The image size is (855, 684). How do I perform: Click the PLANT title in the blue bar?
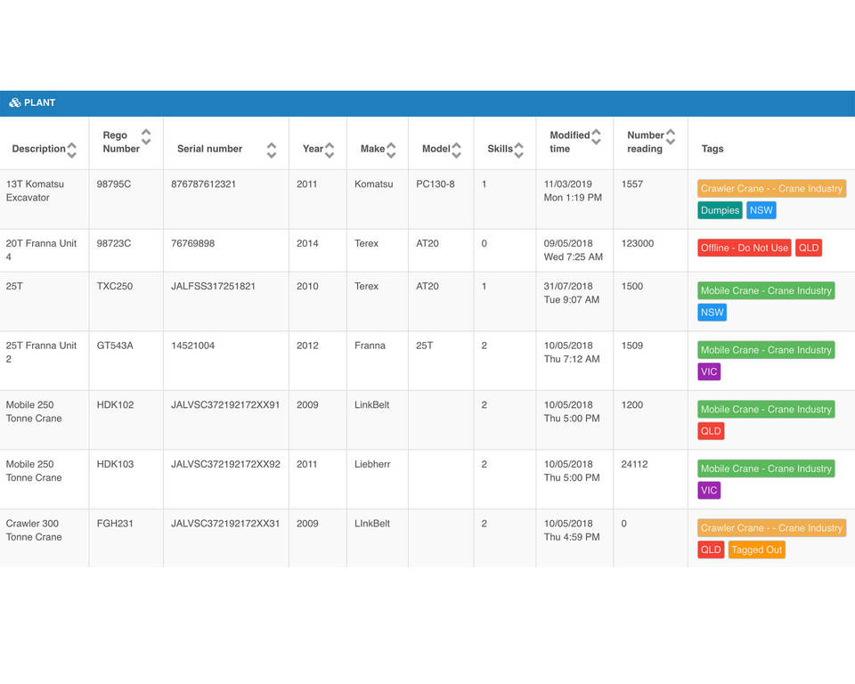39,102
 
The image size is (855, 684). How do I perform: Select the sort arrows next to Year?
330,150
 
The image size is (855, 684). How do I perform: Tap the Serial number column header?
209,149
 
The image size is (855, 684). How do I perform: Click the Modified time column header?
569,142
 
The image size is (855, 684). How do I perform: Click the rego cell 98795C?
113,184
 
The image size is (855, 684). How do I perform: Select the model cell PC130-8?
436,184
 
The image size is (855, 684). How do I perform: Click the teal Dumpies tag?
720,210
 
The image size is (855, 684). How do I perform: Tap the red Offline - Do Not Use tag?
745,248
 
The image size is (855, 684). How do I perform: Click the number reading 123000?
638,243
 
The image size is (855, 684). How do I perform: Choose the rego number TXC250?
114,286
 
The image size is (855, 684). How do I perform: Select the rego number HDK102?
115,404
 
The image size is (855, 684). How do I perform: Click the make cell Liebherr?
372,464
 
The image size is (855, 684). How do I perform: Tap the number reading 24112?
634,464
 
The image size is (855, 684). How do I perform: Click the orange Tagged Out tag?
756,550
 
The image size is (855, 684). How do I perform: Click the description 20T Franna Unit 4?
41,249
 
